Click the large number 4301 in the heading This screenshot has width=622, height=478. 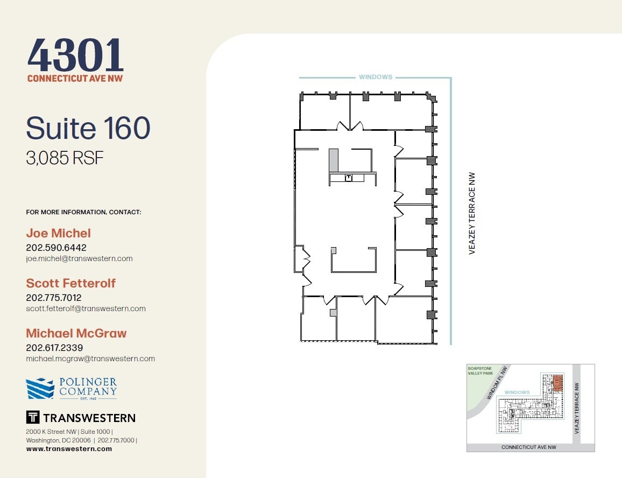click(x=75, y=55)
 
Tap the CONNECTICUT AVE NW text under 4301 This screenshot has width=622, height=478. click(x=75, y=79)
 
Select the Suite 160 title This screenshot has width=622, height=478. click(x=88, y=128)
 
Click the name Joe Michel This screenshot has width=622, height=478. click(x=58, y=233)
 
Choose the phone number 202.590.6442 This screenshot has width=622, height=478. click(x=56, y=248)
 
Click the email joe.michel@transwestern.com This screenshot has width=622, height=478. click(x=79, y=258)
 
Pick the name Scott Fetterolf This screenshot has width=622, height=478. click(x=70, y=283)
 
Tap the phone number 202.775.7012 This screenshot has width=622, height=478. click(x=53, y=298)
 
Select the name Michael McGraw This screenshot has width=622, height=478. click(x=76, y=333)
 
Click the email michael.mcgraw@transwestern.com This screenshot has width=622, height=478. click(x=90, y=359)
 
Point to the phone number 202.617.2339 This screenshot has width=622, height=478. click(x=54, y=348)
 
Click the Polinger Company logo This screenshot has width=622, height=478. click(x=72, y=388)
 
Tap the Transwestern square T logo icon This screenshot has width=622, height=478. click(x=32, y=417)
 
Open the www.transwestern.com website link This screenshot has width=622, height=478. click(x=69, y=449)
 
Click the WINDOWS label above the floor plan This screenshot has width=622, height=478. click(x=376, y=77)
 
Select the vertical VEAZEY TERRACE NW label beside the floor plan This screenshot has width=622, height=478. click(x=472, y=213)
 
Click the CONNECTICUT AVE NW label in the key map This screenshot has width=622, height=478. click(x=528, y=447)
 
